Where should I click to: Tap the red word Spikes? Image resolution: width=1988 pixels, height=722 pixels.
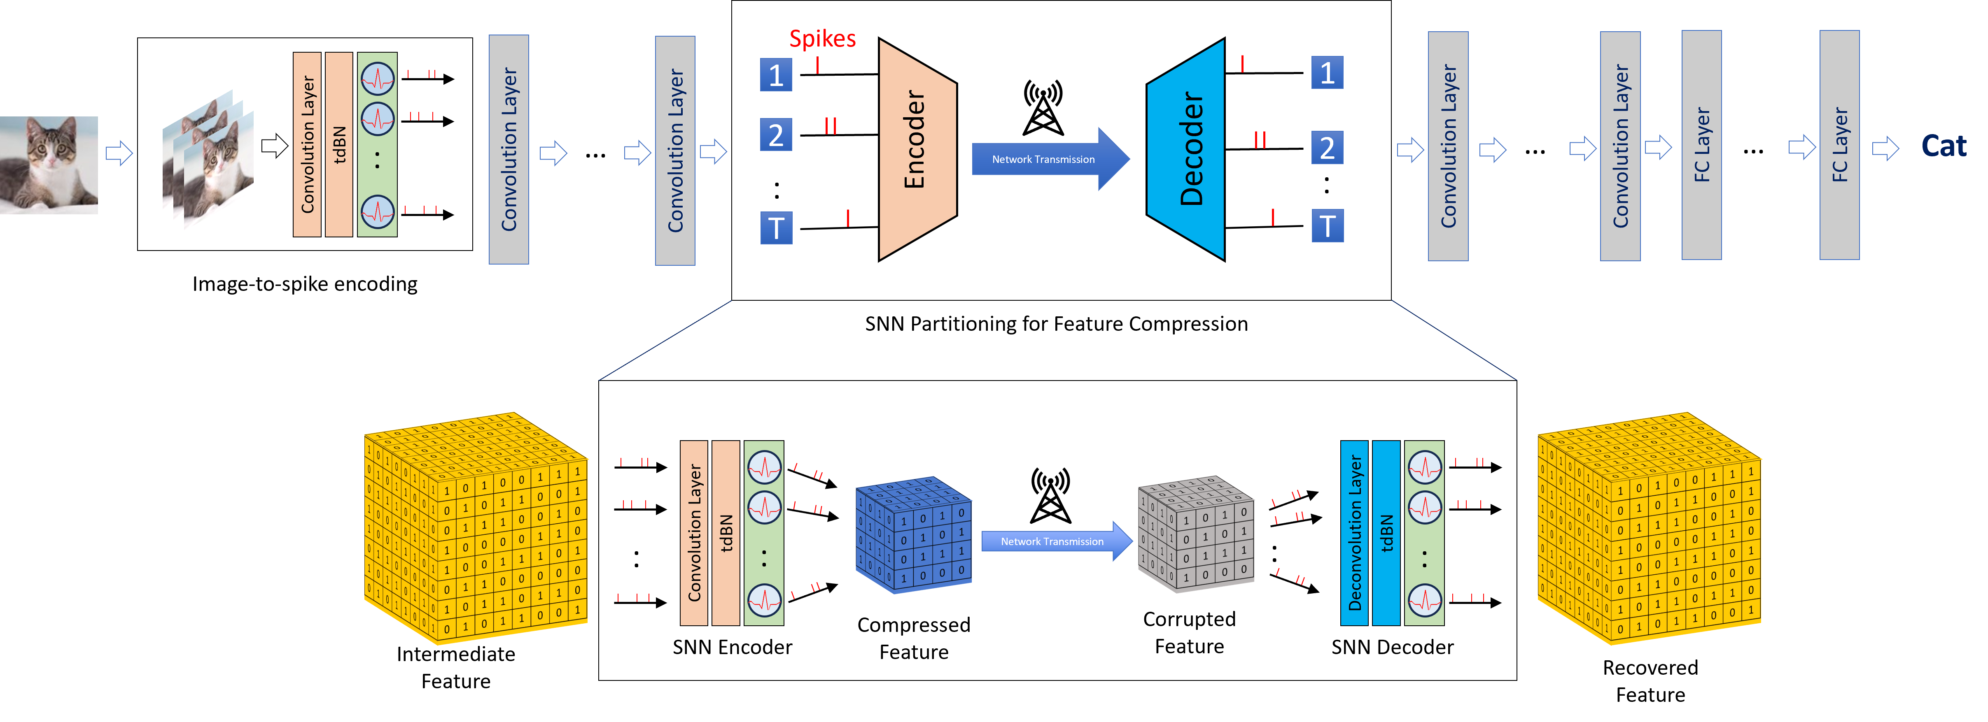822,39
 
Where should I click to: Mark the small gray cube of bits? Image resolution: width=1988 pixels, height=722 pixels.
1195,534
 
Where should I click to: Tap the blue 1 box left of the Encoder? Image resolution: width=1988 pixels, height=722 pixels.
776,75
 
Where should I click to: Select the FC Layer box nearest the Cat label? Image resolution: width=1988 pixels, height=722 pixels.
1839,145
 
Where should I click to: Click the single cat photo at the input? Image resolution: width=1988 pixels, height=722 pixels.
49,165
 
